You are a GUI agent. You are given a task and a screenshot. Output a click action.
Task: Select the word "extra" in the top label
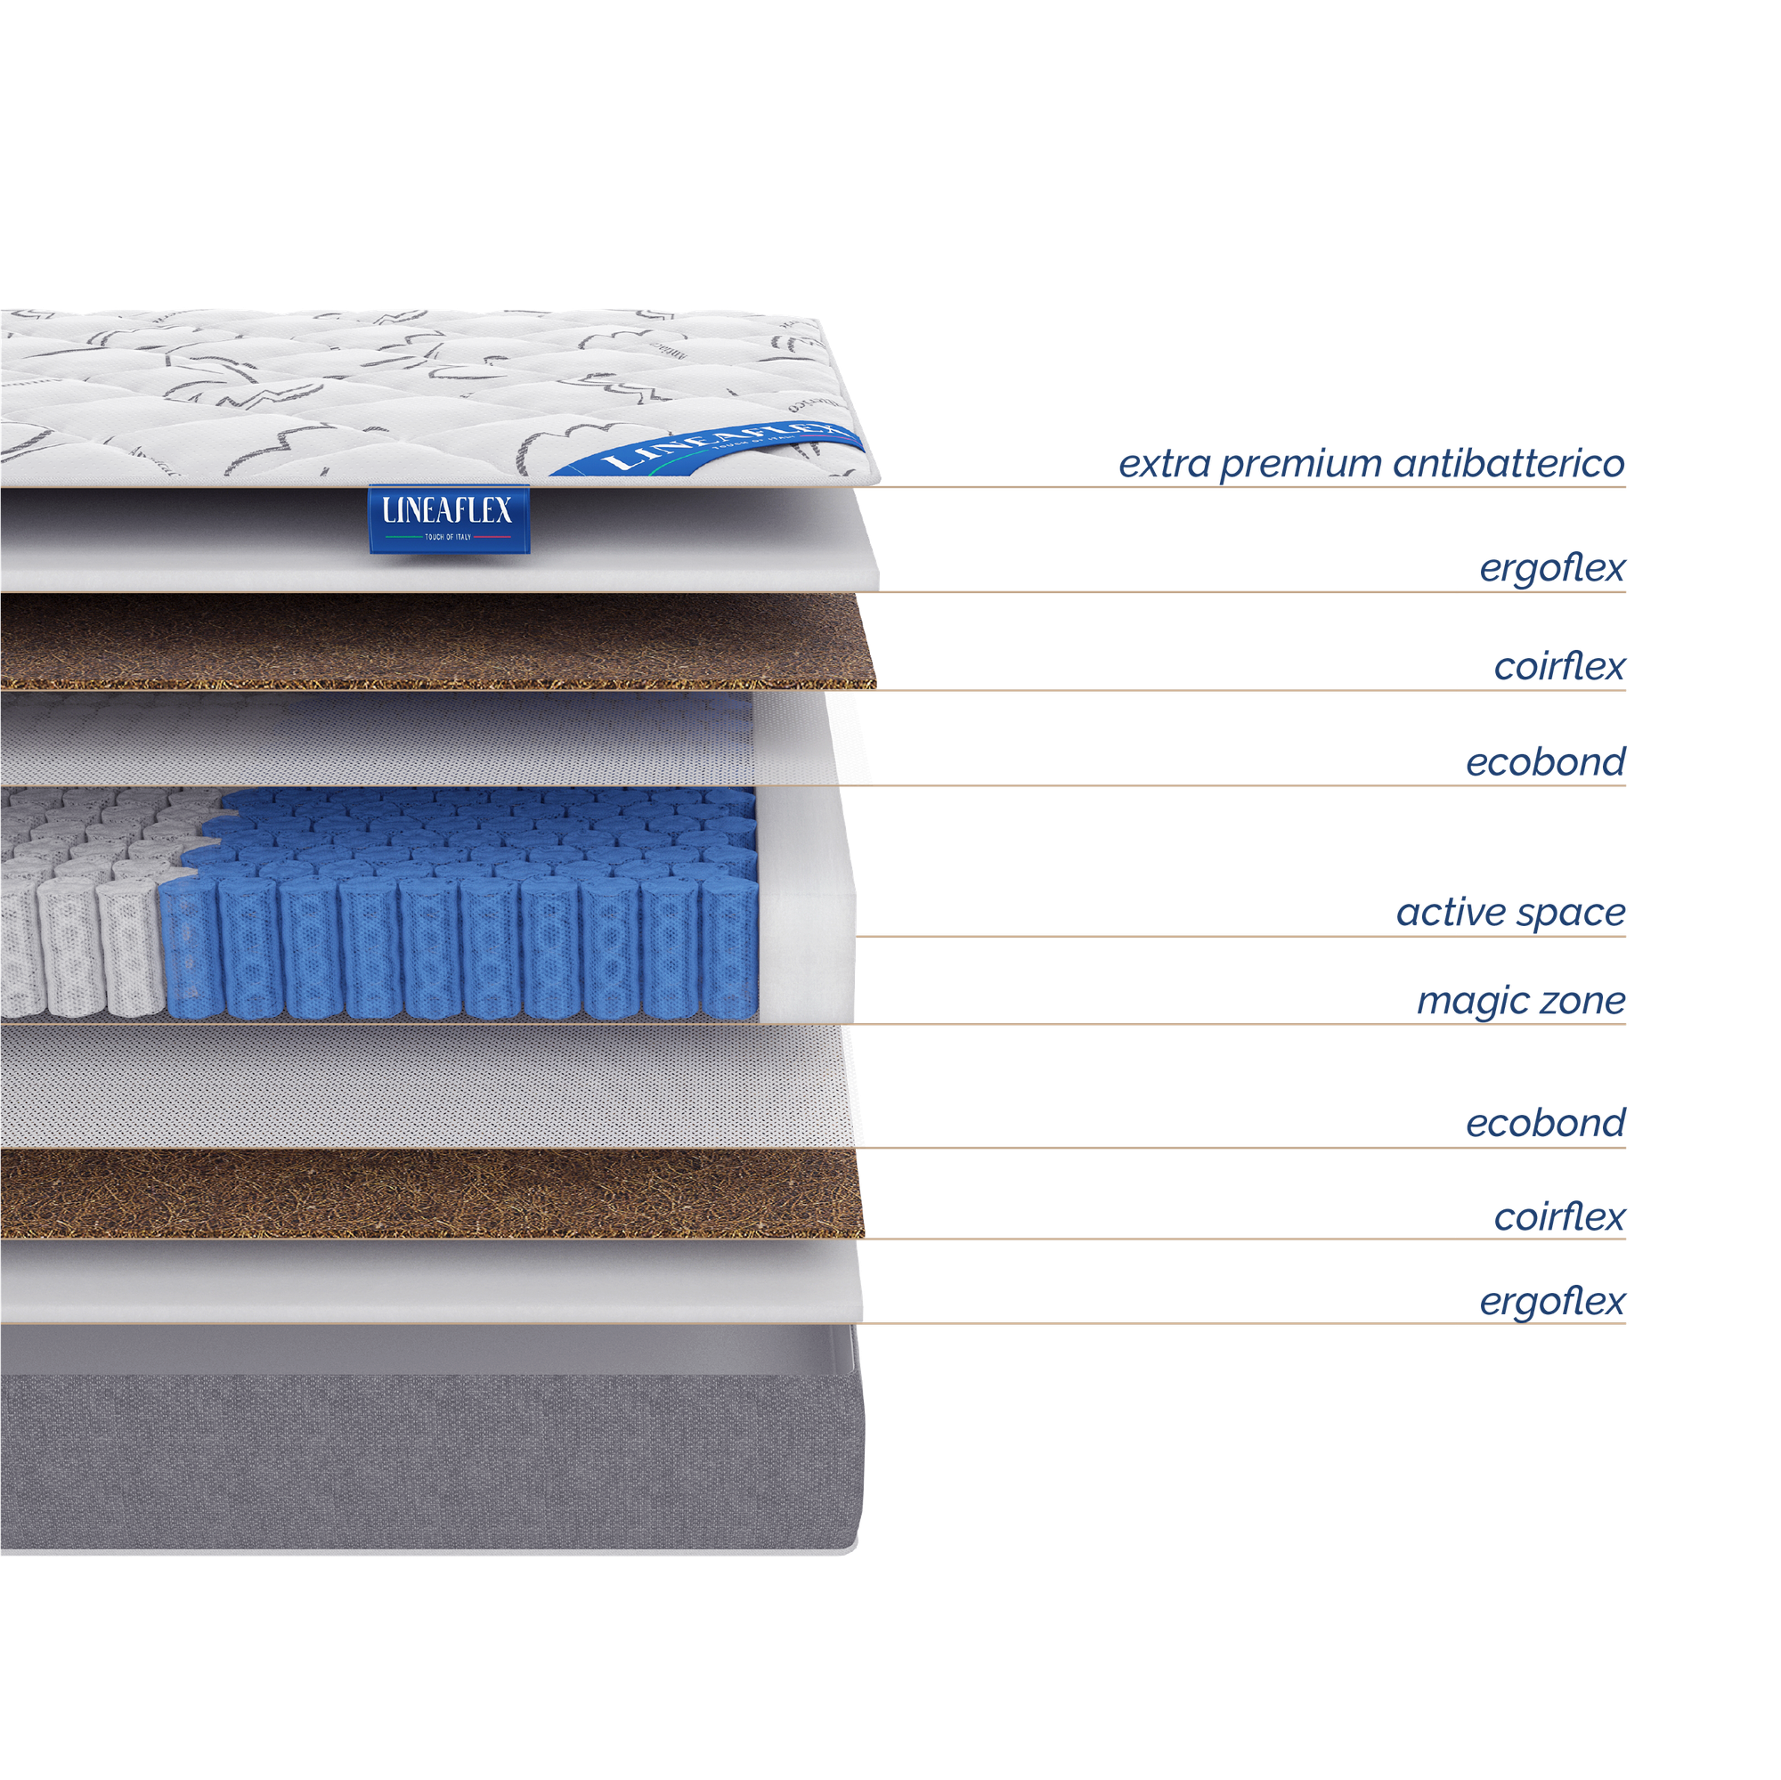point(1164,463)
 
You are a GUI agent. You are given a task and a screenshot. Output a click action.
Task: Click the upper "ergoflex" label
point(1551,569)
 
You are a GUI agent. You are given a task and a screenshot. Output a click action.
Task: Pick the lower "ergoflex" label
point(1551,1302)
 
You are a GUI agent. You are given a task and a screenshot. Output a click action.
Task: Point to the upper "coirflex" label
point(1559,665)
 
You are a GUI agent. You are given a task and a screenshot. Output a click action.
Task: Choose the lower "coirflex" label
point(1559,1216)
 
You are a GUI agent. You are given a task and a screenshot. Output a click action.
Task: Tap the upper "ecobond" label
point(1545,762)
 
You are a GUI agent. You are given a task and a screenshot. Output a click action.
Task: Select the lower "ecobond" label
point(1545,1123)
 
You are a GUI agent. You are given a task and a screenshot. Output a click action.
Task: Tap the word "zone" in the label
point(1579,1000)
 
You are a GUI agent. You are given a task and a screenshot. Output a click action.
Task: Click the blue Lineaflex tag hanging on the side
point(449,518)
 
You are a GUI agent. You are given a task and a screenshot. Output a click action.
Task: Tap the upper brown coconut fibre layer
point(434,640)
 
